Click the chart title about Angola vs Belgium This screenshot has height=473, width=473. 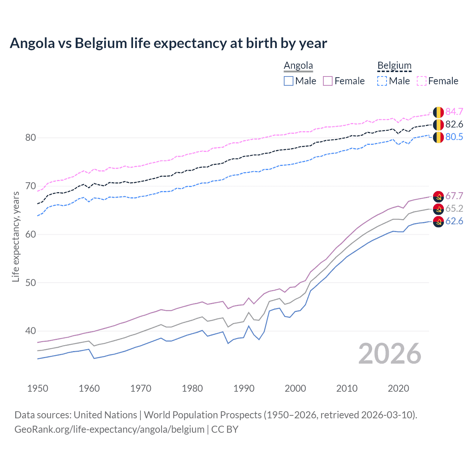pos(168,43)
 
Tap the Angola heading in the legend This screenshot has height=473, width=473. pos(298,66)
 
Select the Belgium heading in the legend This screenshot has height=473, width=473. pos(394,66)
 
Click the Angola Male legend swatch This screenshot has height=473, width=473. pos(289,81)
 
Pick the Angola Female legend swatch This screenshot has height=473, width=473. pos(328,81)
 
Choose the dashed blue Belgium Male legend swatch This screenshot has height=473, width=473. pos(382,81)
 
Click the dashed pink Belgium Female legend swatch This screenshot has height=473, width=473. pos(422,81)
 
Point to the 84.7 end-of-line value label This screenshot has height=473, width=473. pos(454,112)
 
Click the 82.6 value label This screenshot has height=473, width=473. pos(454,124)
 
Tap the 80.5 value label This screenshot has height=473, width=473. pos(454,137)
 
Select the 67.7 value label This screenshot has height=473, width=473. pos(454,196)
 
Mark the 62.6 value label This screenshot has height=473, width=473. pos(454,221)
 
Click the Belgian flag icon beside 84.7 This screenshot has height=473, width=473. pos(438,112)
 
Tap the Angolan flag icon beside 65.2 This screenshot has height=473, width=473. pos(438,209)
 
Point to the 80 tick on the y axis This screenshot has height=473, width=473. pos(30,138)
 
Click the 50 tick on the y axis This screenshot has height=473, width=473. pos(30,283)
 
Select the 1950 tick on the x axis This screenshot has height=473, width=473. pos(38,388)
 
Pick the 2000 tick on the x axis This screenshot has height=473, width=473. pos(295,388)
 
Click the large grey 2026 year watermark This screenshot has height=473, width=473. pos(390,354)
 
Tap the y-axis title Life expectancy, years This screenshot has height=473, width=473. pos(16,236)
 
